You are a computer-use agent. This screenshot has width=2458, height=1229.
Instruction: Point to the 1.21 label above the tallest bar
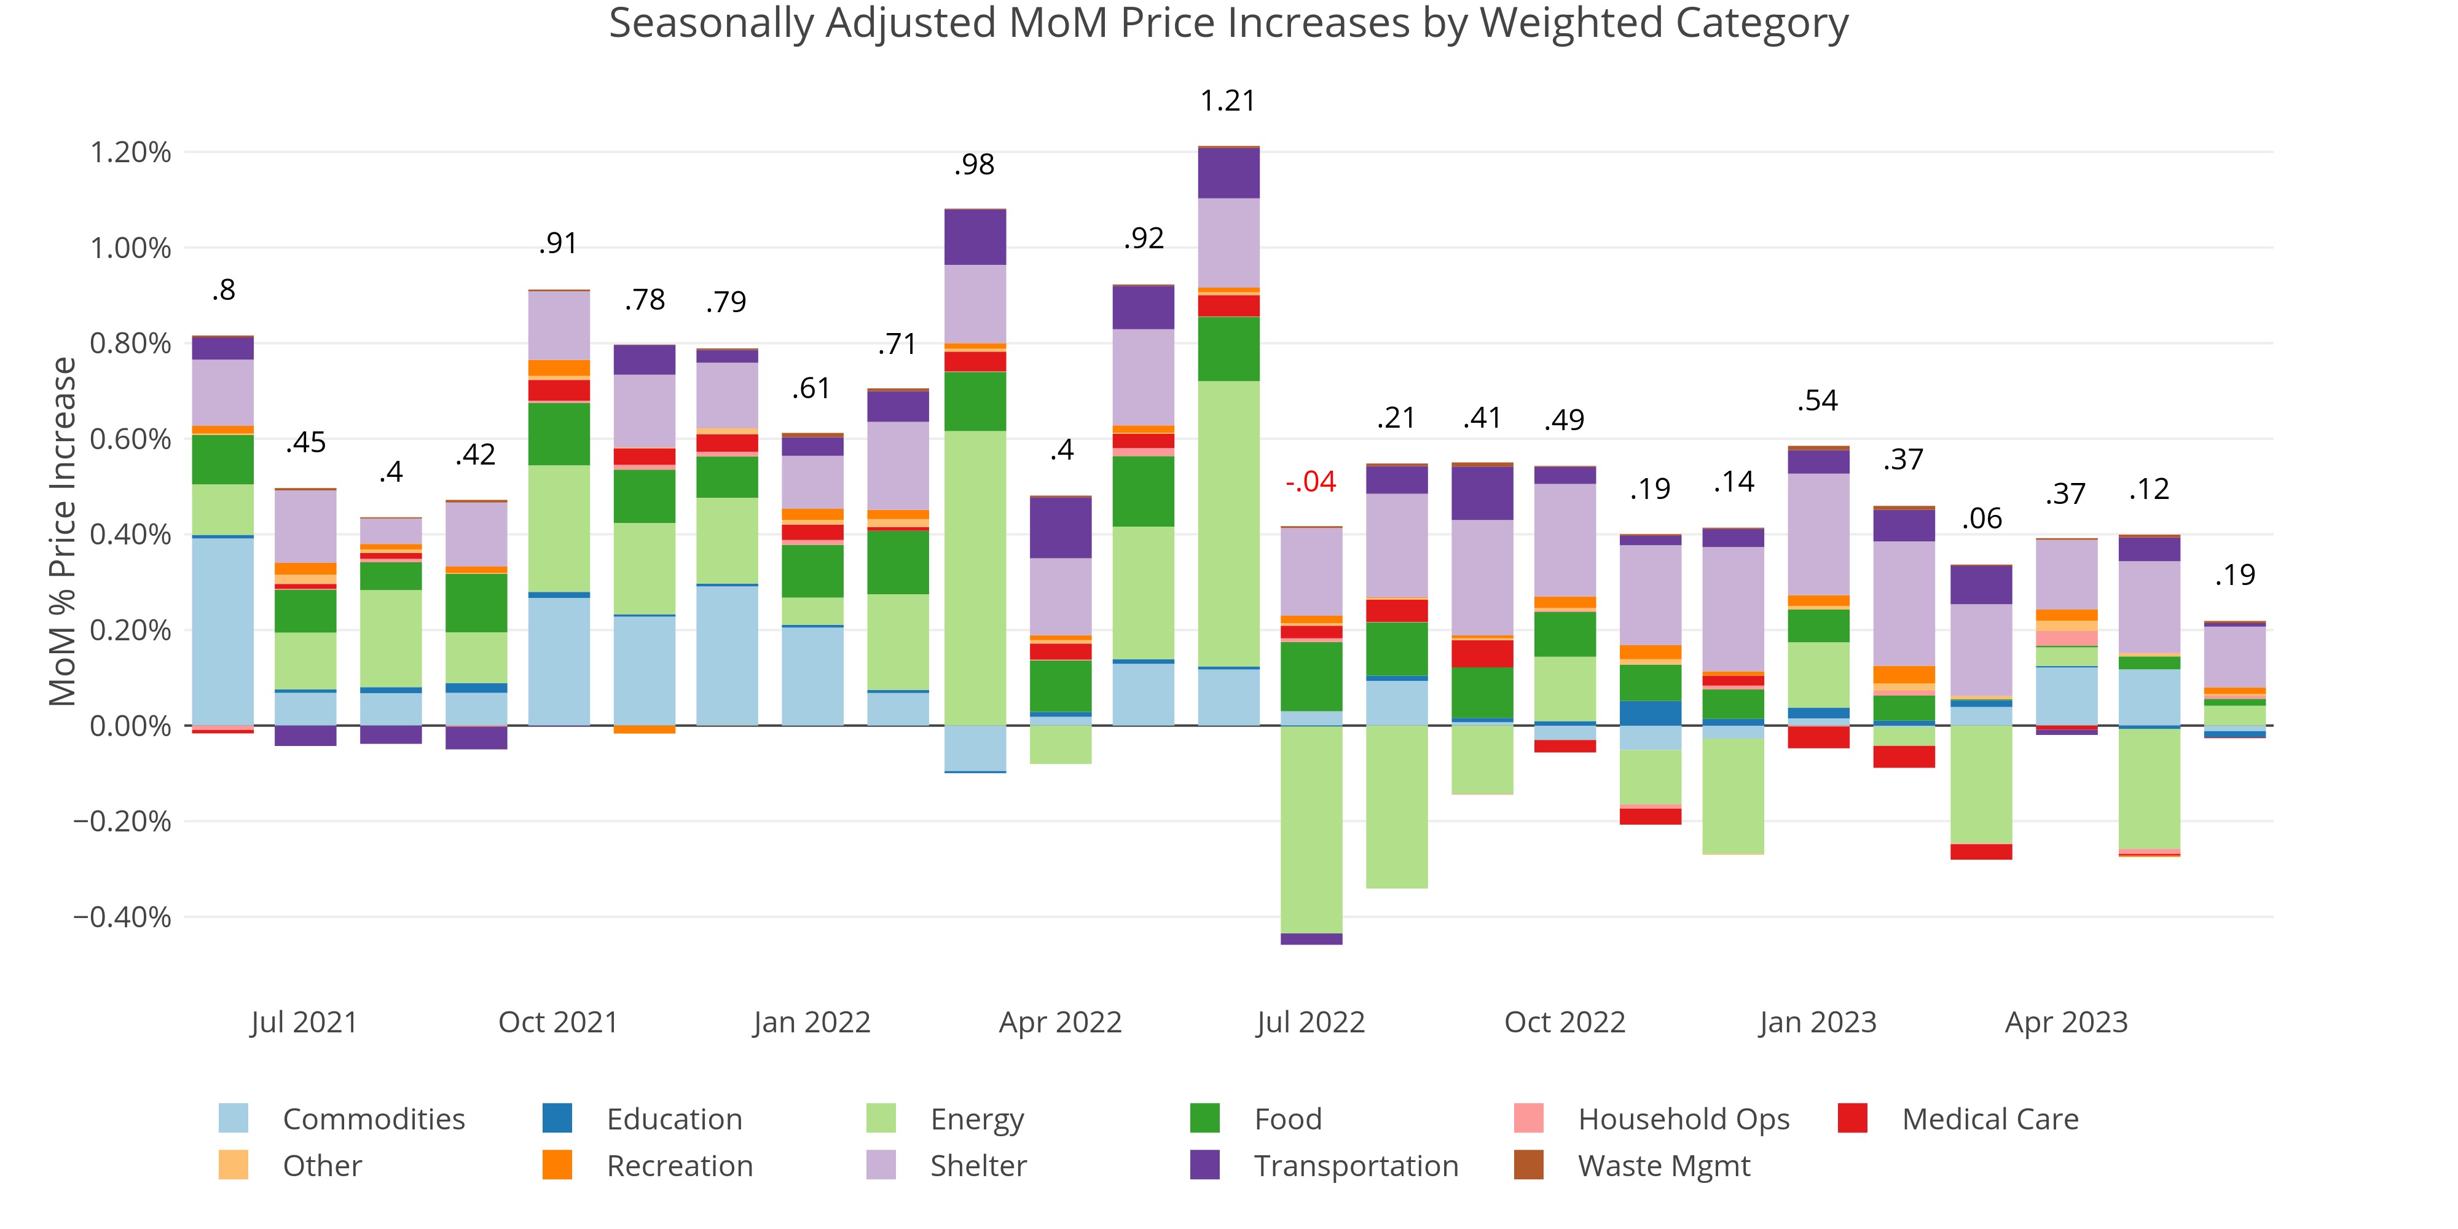[1227, 101]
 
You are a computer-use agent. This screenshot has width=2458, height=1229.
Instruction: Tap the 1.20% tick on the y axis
[131, 152]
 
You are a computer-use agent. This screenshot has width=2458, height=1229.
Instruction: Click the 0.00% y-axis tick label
[131, 726]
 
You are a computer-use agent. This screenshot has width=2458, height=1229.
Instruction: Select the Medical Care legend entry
[1990, 1118]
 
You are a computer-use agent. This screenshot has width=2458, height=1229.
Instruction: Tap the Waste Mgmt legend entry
[1663, 1166]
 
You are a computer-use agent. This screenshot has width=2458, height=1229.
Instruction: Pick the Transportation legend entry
[1355, 1166]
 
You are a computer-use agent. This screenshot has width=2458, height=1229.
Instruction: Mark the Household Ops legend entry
[1683, 1118]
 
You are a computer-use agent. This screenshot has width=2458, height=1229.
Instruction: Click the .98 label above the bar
[974, 165]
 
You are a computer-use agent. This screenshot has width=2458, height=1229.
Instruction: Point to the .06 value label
[1982, 519]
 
